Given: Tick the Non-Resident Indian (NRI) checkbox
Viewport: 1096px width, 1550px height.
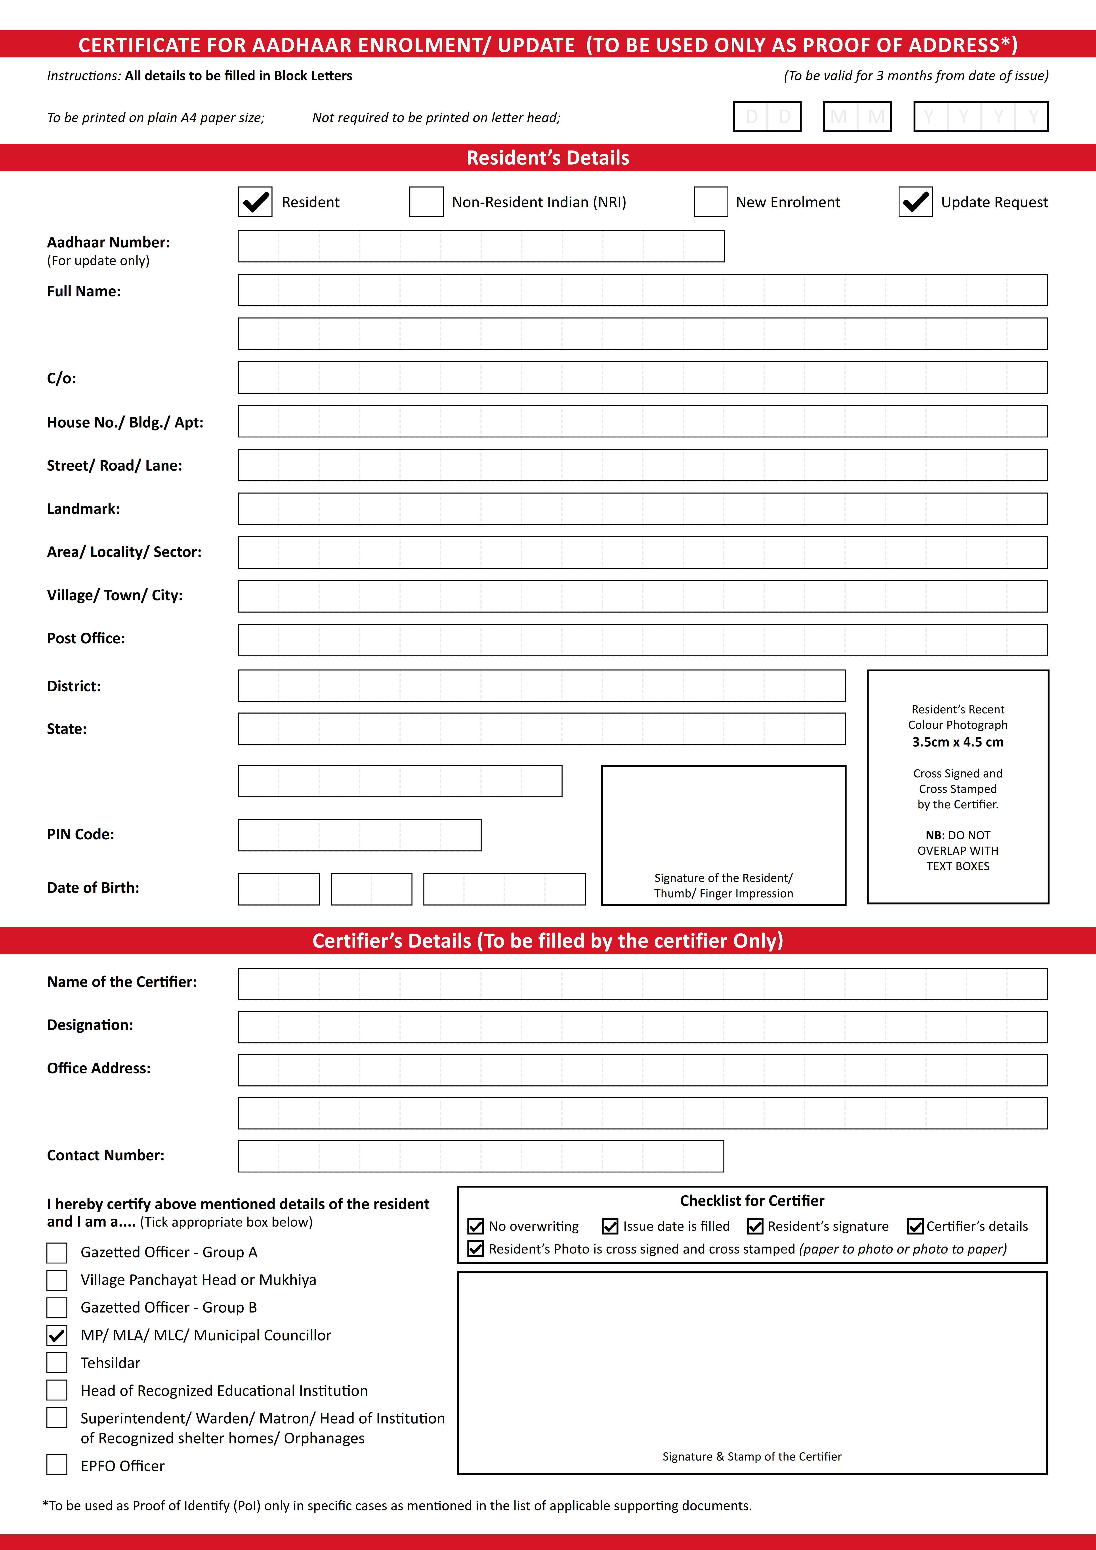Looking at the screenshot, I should (x=426, y=202).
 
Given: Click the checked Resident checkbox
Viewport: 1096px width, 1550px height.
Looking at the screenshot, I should (x=255, y=202).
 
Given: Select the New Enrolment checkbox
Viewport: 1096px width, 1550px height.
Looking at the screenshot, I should (x=710, y=202).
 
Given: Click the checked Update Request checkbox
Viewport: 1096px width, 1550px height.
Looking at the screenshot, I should (x=915, y=202).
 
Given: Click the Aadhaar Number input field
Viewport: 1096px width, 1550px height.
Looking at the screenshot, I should (x=481, y=246).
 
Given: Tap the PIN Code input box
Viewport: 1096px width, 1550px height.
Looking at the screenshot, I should (x=359, y=835).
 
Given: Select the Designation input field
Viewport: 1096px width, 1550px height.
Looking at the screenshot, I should (x=642, y=1027).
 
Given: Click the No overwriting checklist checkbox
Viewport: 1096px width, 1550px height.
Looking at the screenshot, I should (x=475, y=1226).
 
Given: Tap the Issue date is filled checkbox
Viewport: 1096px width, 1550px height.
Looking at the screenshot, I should (x=610, y=1226).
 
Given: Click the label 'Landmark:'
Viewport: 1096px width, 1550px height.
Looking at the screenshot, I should (x=83, y=509).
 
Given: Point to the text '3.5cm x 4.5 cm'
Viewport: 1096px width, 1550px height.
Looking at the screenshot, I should (x=958, y=742).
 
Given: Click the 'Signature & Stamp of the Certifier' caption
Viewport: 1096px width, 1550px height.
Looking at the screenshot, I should (x=752, y=1456).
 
